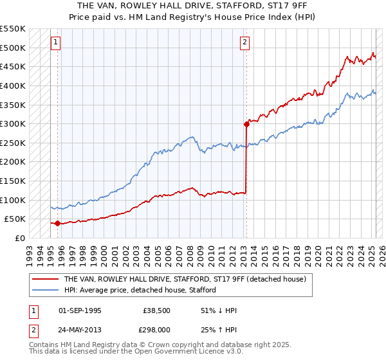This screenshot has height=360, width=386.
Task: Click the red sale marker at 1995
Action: pos(57,223)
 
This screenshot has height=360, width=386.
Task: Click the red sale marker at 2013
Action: pos(246,124)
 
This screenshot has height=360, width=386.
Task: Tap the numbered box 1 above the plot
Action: pos(56,43)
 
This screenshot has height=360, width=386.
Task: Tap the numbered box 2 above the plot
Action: pos(245,43)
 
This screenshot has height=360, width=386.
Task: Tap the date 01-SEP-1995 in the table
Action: pos(80,310)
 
